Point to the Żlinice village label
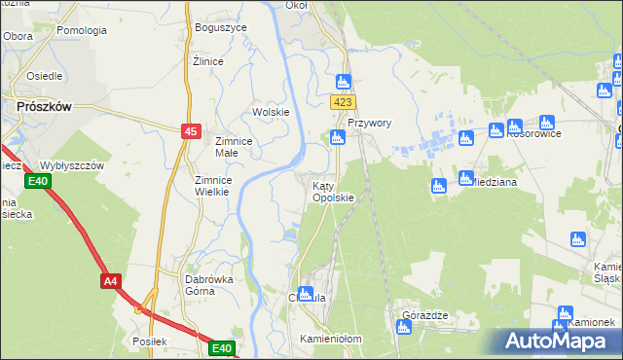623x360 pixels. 208,61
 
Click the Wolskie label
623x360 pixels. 272,112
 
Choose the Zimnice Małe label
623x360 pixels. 234,147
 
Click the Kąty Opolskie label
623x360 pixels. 332,191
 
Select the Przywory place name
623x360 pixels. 369,124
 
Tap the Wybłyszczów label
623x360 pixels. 71,165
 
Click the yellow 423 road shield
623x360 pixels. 342,102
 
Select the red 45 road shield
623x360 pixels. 191,131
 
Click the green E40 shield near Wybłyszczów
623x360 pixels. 37,182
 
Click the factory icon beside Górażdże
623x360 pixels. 404,327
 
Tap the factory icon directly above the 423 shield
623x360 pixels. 343,82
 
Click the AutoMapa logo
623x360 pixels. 556,341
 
